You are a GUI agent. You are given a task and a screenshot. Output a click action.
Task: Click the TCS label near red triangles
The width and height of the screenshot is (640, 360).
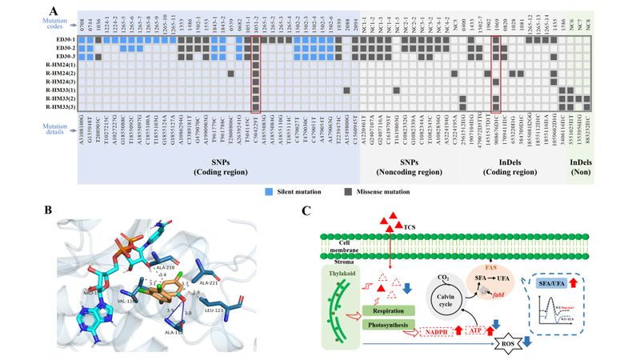tap(411, 226)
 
